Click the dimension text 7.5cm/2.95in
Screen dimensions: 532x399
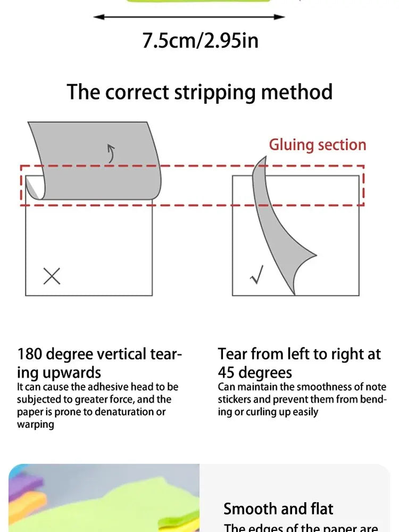tap(200, 41)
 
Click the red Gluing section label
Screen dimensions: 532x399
tap(317, 145)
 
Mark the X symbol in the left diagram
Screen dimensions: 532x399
tap(52, 276)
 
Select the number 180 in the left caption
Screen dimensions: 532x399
tap(30, 354)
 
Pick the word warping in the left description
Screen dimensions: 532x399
tap(36, 425)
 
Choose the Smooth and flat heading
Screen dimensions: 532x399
tap(278, 509)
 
